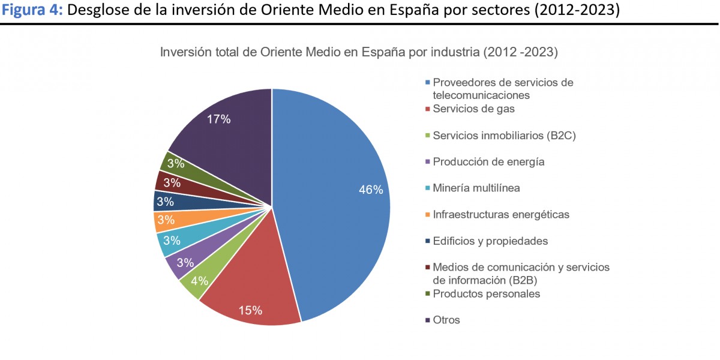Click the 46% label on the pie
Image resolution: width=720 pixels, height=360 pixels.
(371, 190)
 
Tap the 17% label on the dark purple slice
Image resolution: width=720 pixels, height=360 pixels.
(218, 119)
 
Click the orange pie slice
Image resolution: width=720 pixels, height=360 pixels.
(166, 221)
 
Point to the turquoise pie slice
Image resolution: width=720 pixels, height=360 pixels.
(172, 241)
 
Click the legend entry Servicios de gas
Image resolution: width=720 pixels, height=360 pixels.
(473, 109)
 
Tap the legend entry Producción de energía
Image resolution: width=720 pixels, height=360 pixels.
(488, 161)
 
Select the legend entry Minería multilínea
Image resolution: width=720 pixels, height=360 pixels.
(476, 188)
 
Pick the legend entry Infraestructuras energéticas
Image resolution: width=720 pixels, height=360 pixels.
(501, 214)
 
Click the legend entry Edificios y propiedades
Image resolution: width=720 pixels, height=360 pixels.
(490, 241)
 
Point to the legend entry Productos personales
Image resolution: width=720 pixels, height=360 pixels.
(486, 293)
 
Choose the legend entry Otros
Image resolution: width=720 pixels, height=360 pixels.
(446, 320)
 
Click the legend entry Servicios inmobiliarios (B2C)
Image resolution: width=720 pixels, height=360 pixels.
(504, 136)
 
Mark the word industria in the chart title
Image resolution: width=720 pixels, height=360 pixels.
(452, 52)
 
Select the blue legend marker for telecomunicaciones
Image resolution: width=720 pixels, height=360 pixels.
(427, 83)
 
